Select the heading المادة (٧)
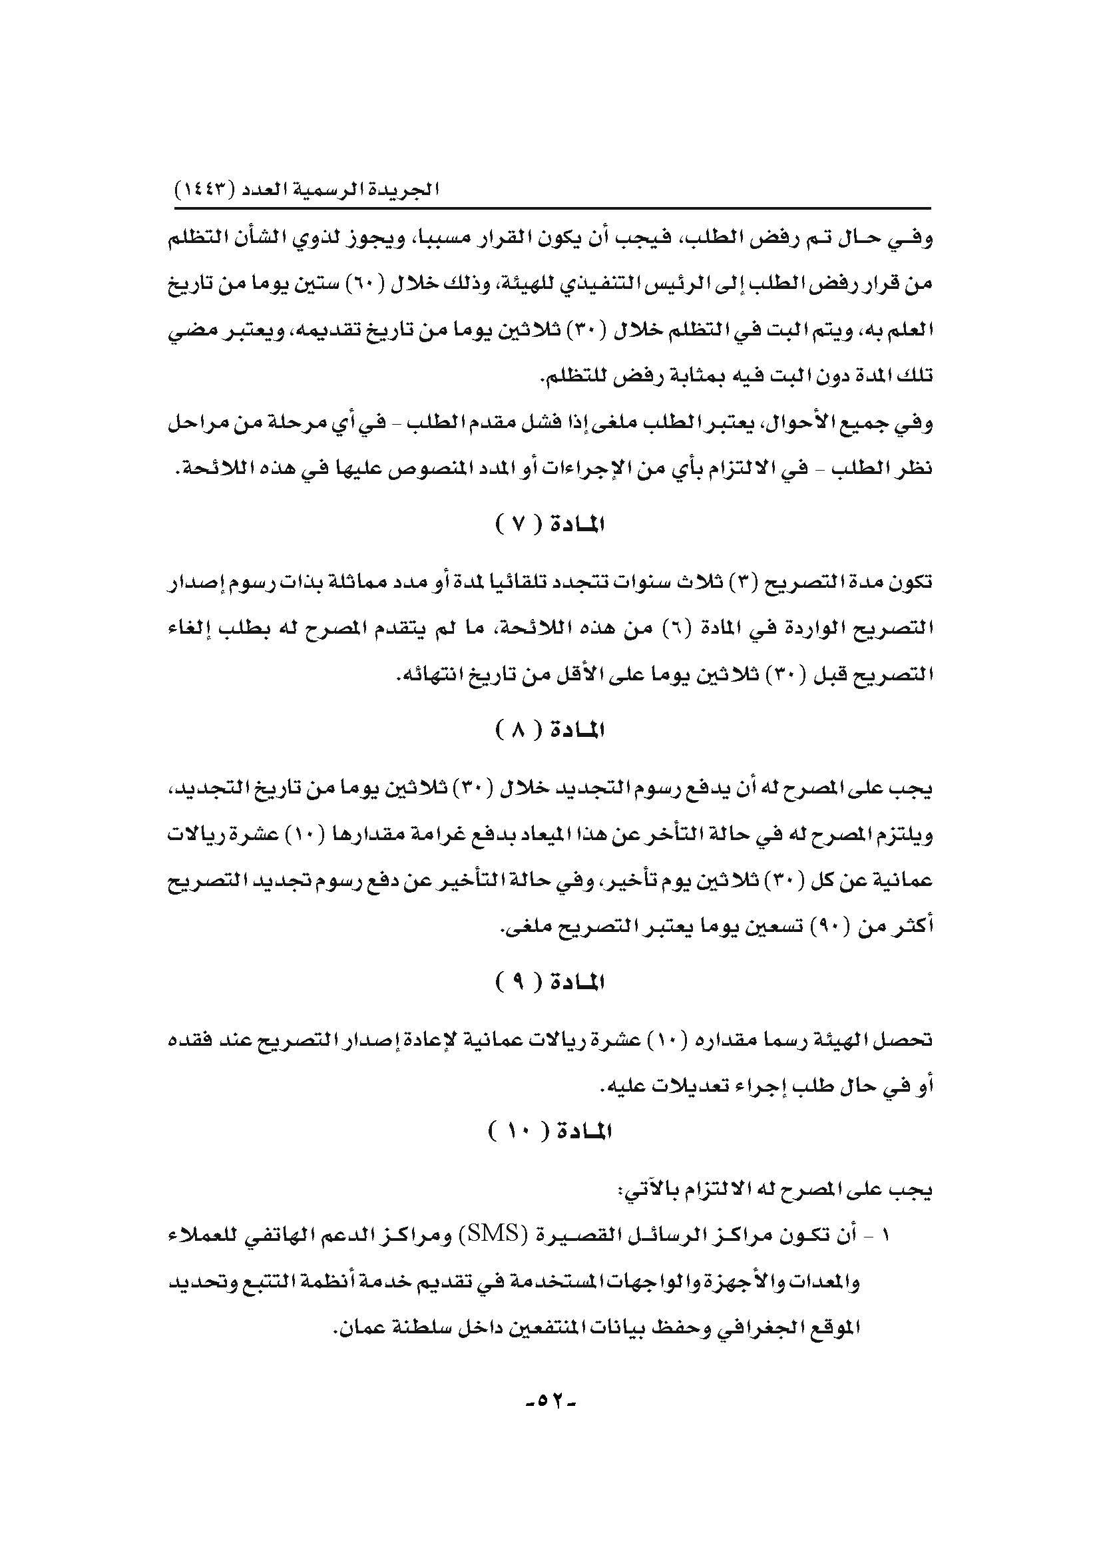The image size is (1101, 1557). (x=550, y=525)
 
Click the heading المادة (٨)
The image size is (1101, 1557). (x=550, y=730)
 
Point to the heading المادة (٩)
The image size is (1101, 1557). (x=550, y=982)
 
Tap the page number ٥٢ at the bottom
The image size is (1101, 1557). (x=550, y=1401)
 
